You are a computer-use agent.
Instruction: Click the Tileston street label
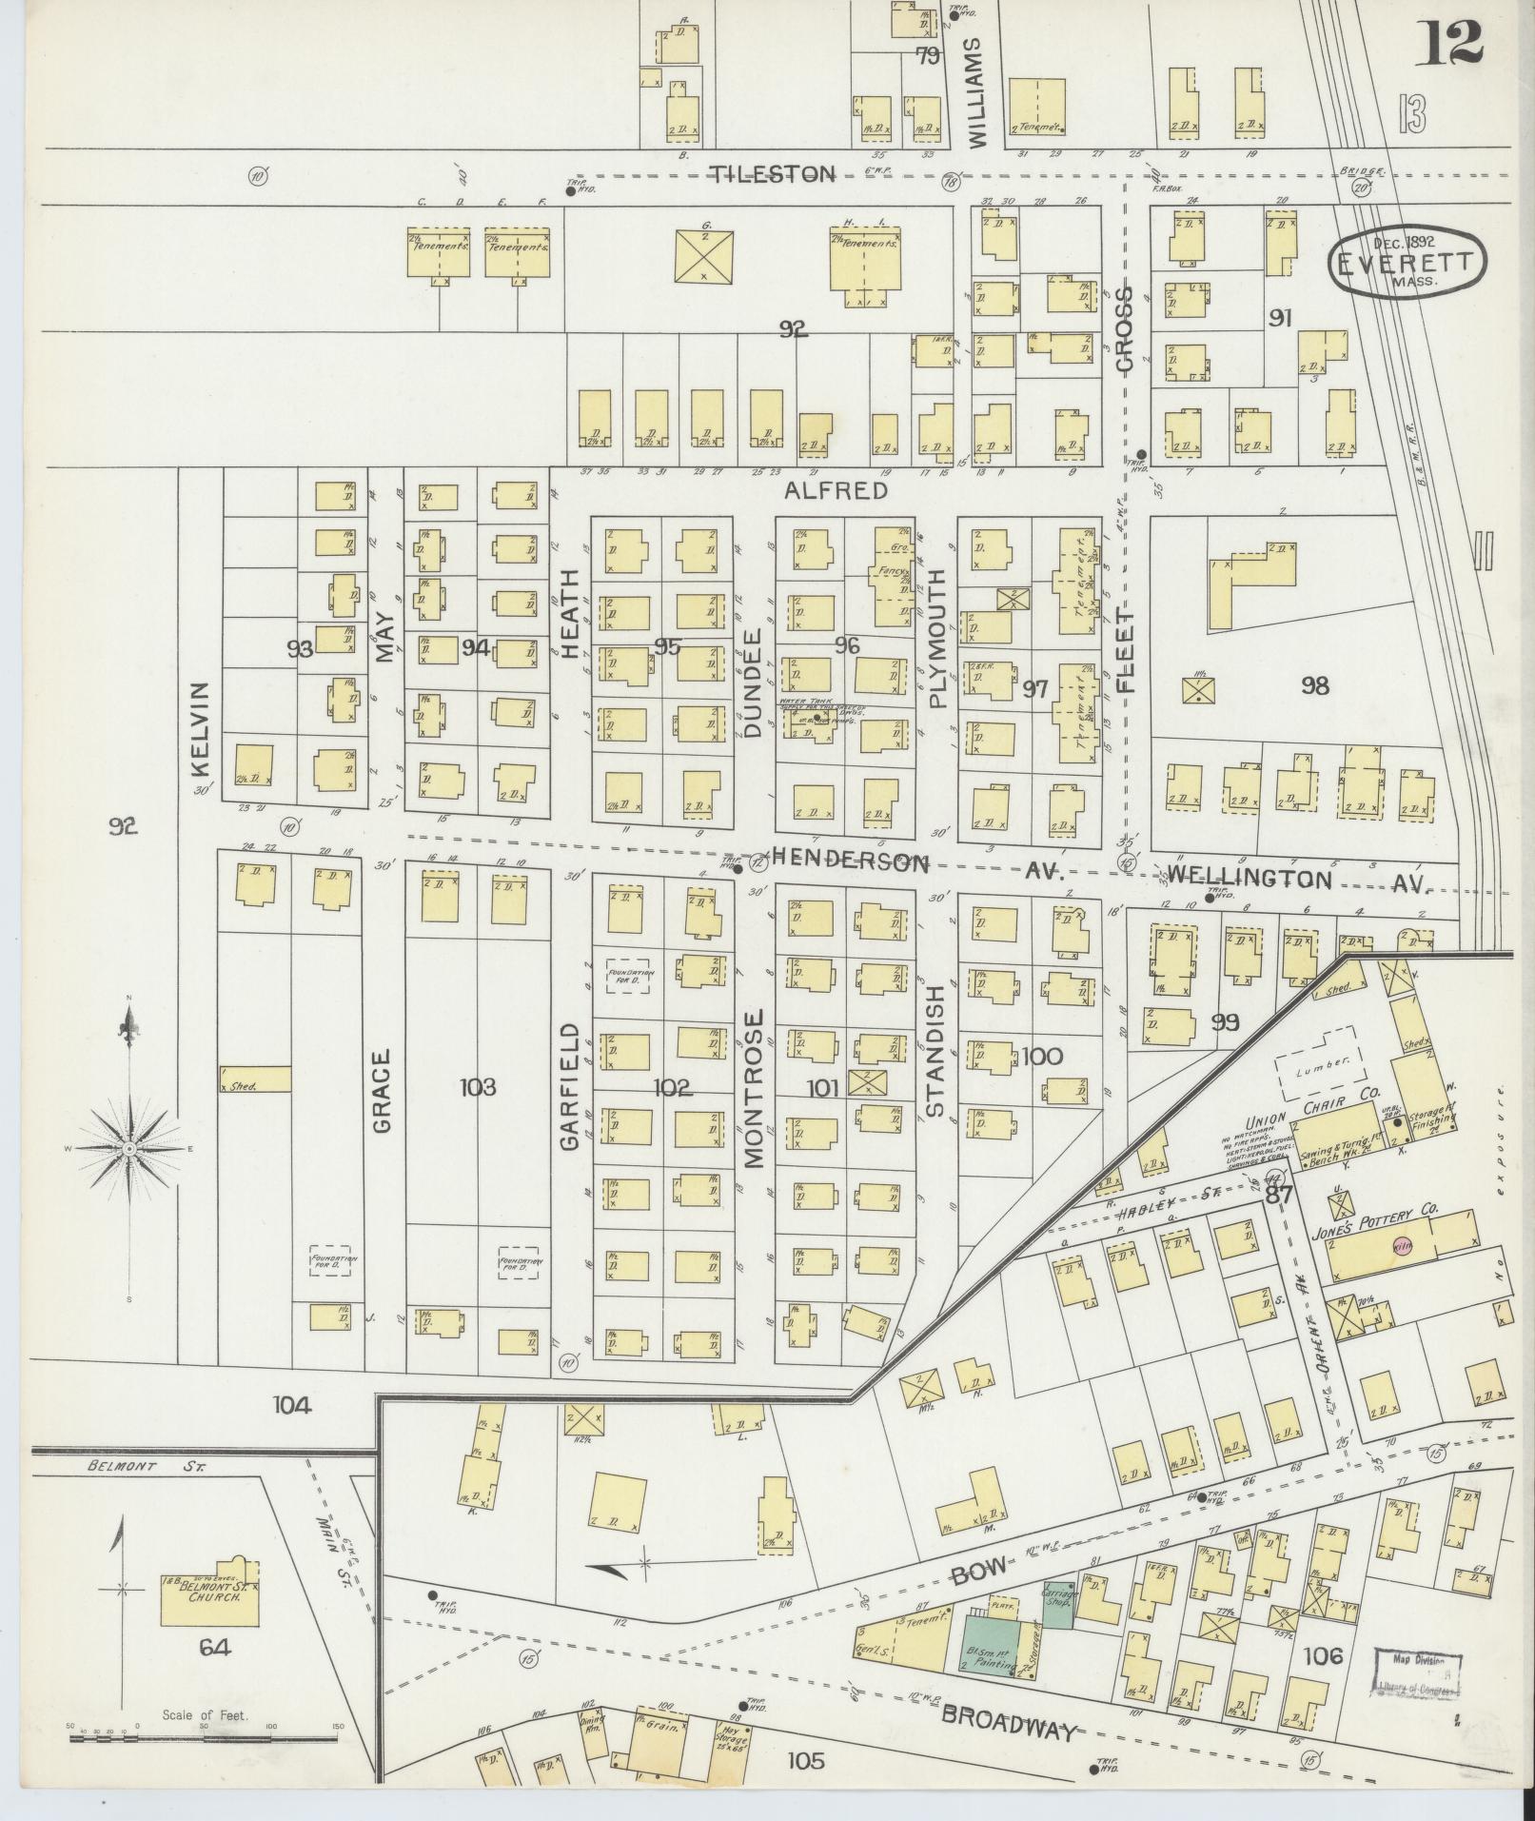[775, 174]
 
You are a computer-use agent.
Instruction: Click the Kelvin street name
[199, 729]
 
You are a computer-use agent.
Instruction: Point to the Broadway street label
[1010, 1724]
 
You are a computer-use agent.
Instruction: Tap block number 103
[477, 1087]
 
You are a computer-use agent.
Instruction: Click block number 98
[1314, 685]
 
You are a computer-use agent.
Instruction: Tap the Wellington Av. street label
[1296, 879]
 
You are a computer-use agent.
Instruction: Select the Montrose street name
[754, 1088]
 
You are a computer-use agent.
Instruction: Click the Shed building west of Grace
[255, 1079]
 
